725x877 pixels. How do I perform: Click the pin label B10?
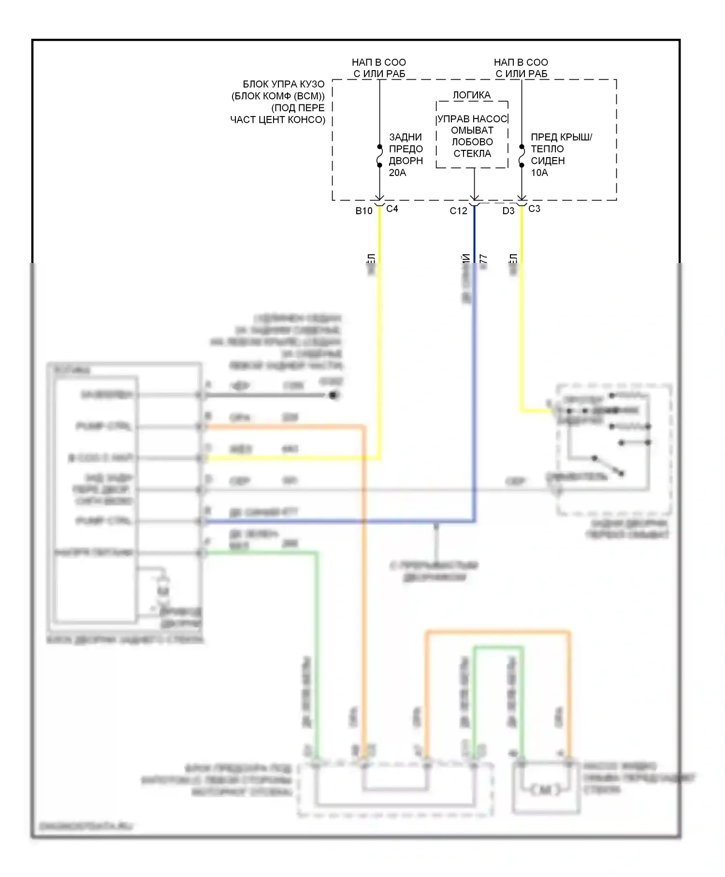coord(363,211)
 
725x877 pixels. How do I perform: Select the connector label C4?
coord(392,209)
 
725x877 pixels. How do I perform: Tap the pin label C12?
coord(458,211)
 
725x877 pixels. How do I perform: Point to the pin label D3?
coord(508,211)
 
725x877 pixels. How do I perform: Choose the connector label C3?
coord(534,209)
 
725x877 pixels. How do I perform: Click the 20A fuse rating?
coord(397,173)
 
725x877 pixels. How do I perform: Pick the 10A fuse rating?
coord(539,173)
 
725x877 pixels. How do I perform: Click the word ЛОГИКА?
coord(472,95)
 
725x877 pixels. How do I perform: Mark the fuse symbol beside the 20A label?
coord(379,156)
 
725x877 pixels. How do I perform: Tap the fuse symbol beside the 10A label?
coord(522,156)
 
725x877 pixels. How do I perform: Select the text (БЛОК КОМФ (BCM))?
coord(278,96)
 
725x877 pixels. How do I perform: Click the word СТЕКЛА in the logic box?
coord(472,154)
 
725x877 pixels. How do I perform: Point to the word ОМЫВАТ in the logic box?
coord(472,131)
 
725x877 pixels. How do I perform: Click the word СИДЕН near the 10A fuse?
coord(548,161)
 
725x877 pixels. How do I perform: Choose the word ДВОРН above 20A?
coord(406,161)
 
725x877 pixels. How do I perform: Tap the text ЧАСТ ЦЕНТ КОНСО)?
coord(277,119)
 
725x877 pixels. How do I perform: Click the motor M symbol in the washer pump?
coord(545,790)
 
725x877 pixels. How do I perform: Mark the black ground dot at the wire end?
coord(333,395)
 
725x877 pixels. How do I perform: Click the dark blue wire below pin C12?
coord(474,232)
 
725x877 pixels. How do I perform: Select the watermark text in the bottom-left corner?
coord(85,826)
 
